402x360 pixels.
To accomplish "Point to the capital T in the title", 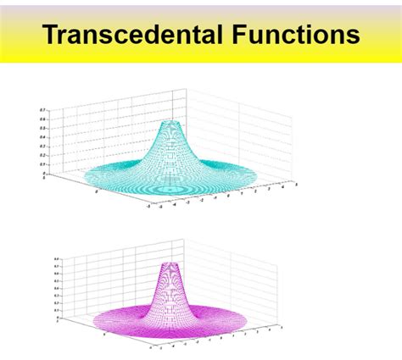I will (50, 35).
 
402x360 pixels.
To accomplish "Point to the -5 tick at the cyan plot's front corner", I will (148, 205).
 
